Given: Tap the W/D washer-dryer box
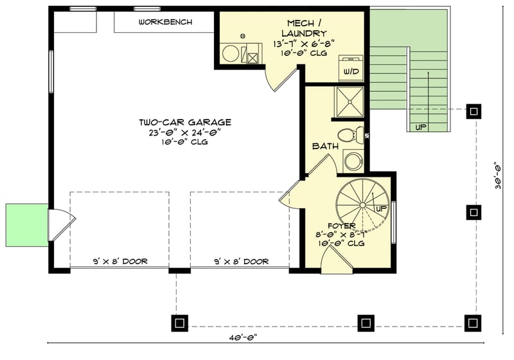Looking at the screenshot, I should tap(351, 69).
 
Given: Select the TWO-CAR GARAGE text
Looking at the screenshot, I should tap(185, 122).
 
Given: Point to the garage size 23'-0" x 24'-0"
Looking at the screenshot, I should tap(185, 132).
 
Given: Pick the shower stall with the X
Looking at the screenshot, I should tap(350, 102).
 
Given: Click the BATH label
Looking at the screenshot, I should tap(325, 147).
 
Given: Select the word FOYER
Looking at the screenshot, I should tap(342, 226).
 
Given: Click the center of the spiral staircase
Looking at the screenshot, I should tap(361, 205).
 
